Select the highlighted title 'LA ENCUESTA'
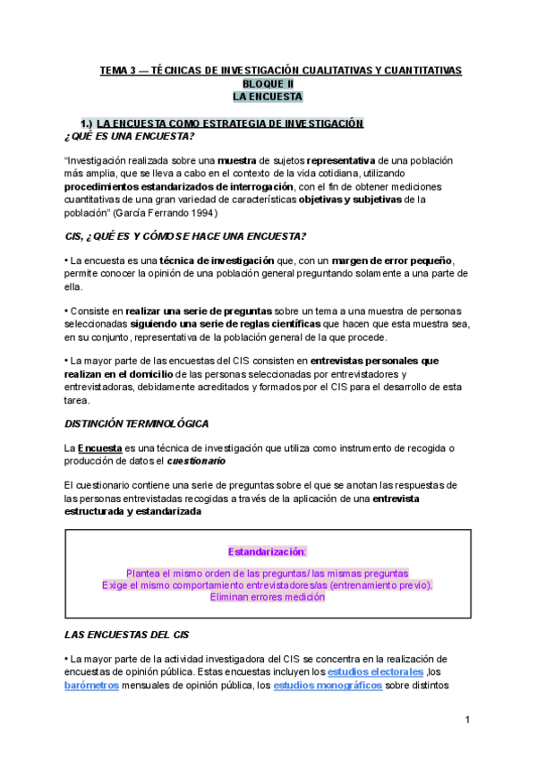click(268, 96)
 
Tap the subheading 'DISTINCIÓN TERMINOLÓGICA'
click(139, 422)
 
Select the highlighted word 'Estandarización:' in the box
click(267, 551)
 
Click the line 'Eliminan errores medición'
click(268, 597)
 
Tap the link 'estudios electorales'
click(375, 671)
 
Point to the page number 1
click(467, 721)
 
